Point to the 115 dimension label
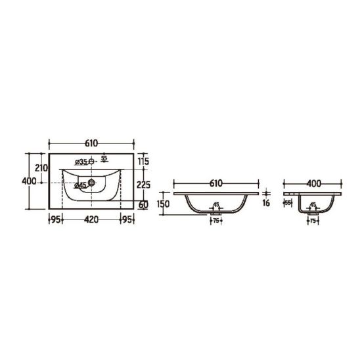tap(144, 162)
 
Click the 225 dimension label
tap(144, 185)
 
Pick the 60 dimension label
tap(144, 204)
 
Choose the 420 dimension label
tap(91, 219)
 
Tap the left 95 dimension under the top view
tap(55, 219)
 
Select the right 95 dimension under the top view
tap(127, 219)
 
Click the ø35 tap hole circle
tap(93, 162)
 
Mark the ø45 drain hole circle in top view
tap(91, 184)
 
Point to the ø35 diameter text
tap(81, 162)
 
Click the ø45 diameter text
tap(80, 185)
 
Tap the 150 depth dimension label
tap(164, 204)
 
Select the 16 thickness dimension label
tap(266, 204)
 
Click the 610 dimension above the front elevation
tap(216, 183)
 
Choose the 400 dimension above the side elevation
tap(313, 183)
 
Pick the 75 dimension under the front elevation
tap(215, 221)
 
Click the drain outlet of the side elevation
tap(313, 212)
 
